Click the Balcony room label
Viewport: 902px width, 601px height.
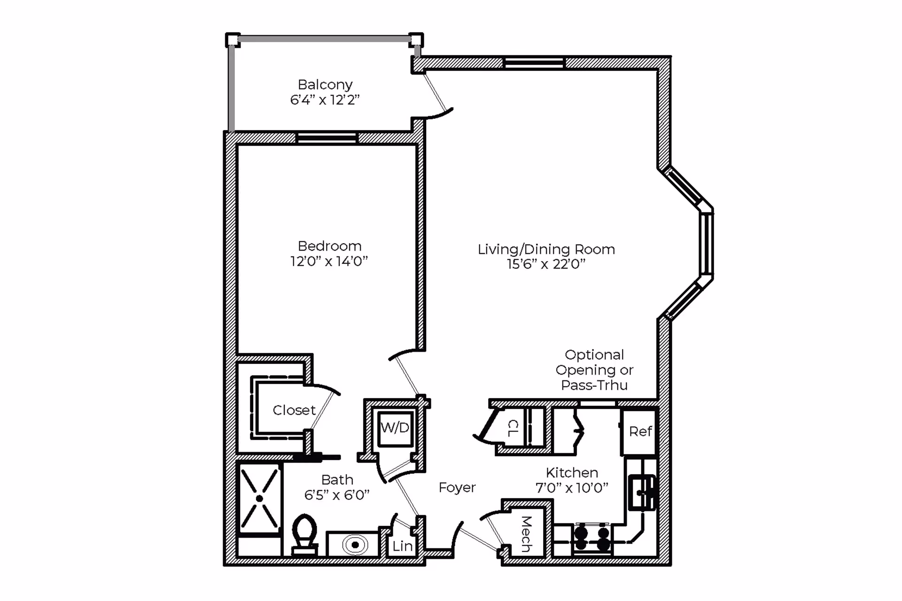(325, 85)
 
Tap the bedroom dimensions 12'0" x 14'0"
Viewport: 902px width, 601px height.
(329, 261)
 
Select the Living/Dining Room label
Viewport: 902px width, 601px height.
(546, 249)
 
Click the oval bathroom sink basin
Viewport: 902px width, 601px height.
(355, 545)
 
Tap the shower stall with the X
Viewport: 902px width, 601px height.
(259, 499)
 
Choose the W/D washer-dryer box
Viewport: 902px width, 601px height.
(396, 428)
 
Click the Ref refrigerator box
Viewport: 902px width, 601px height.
(639, 431)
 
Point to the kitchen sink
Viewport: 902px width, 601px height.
(642, 492)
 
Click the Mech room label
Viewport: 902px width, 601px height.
(527, 534)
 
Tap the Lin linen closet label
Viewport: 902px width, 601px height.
(403, 546)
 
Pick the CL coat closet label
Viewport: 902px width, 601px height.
(513, 428)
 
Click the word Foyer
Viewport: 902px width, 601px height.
(457, 488)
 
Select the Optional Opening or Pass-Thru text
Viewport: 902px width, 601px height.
(594, 370)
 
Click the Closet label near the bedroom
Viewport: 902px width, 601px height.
(294, 410)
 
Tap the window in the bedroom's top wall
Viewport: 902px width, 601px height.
(327, 138)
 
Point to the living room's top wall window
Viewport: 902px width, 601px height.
(534, 62)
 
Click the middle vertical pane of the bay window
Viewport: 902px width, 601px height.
(706, 244)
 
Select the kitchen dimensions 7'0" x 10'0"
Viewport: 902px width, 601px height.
(572, 488)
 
